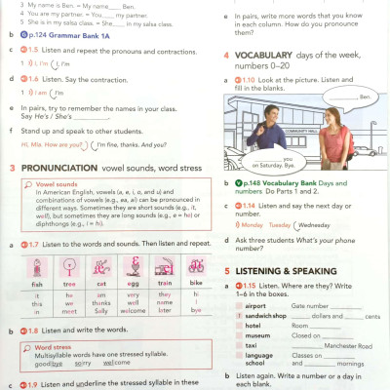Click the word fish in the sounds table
[37, 284]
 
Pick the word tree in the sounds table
[69, 284]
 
